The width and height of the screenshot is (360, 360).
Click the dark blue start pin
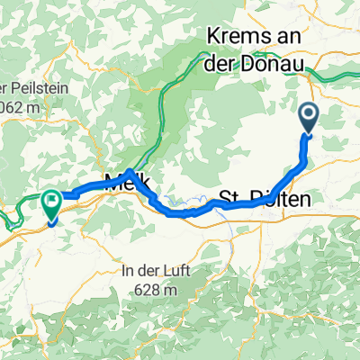[308, 117]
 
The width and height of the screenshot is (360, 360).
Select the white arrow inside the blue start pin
[308, 114]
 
